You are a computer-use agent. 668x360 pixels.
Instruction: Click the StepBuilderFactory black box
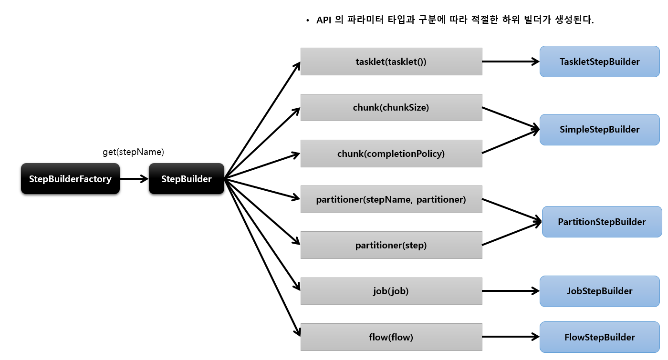[70, 179]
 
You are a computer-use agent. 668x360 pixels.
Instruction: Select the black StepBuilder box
[187, 179]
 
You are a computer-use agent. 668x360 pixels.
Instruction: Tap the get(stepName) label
[133, 152]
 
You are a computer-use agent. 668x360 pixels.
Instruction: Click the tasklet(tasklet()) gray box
[391, 62]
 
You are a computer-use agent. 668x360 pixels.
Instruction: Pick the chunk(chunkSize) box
[391, 107]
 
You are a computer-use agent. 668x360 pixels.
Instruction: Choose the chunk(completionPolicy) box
[391, 154]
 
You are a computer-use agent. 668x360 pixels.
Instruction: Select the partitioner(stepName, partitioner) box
[391, 199]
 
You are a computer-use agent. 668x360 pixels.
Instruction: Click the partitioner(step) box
[391, 245]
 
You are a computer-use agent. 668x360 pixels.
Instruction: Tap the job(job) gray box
[391, 291]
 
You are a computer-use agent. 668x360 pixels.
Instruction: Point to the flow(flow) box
[391, 337]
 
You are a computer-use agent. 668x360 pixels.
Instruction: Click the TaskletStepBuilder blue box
[599, 62]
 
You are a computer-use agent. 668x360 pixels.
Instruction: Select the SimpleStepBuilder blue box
[599, 129]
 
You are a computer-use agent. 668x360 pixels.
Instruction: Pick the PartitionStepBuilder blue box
[602, 222]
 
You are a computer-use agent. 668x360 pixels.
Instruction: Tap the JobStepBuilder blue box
[599, 291]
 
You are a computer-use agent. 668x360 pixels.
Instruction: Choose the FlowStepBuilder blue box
[599, 337]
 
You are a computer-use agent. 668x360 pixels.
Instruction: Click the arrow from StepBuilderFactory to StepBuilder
[134, 179]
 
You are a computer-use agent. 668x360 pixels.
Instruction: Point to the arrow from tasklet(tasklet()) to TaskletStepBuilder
[511, 62]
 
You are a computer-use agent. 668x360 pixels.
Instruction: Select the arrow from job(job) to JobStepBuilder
[511, 291]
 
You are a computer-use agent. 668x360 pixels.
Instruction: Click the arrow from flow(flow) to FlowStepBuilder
[511, 337]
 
